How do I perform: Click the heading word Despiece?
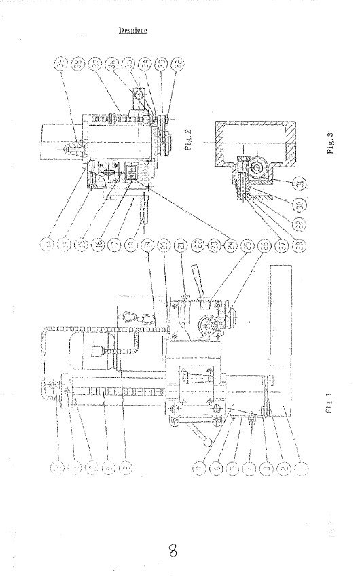[133, 31]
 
